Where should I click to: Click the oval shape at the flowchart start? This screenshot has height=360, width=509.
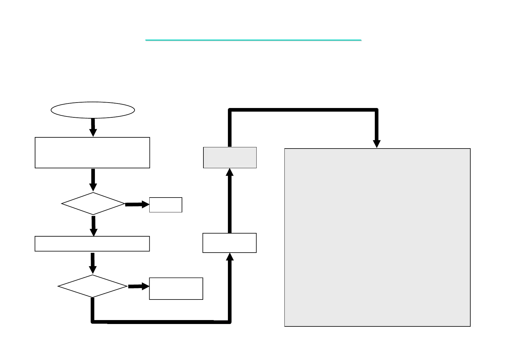click(x=93, y=110)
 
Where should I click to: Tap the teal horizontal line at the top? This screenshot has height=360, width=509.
click(x=253, y=40)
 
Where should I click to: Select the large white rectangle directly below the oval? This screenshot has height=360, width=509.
click(x=92, y=152)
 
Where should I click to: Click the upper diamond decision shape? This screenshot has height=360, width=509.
click(x=93, y=204)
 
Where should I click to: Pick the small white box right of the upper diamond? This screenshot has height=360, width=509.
click(x=166, y=205)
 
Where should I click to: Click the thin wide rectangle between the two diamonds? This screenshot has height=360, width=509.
click(x=92, y=244)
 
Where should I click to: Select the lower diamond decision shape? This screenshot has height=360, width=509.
click(x=92, y=286)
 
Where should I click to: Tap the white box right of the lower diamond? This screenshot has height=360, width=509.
click(x=176, y=289)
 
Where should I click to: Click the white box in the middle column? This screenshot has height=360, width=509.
click(x=229, y=243)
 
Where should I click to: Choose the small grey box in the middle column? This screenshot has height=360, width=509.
click(x=230, y=157)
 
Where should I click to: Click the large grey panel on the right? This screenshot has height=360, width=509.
click(x=377, y=237)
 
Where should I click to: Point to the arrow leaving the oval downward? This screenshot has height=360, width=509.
click(x=93, y=127)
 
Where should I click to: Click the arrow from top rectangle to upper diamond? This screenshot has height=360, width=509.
click(x=93, y=180)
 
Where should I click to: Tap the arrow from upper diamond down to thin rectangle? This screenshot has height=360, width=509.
click(x=94, y=226)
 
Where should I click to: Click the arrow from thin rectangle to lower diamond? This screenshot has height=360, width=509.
click(x=93, y=263)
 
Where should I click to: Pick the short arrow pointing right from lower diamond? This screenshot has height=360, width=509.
click(x=139, y=286)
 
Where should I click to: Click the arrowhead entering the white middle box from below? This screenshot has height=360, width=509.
click(x=230, y=257)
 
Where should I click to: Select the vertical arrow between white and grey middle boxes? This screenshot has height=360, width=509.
click(x=230, y=201)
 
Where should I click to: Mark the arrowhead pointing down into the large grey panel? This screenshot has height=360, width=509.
click(x=377, y=143)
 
